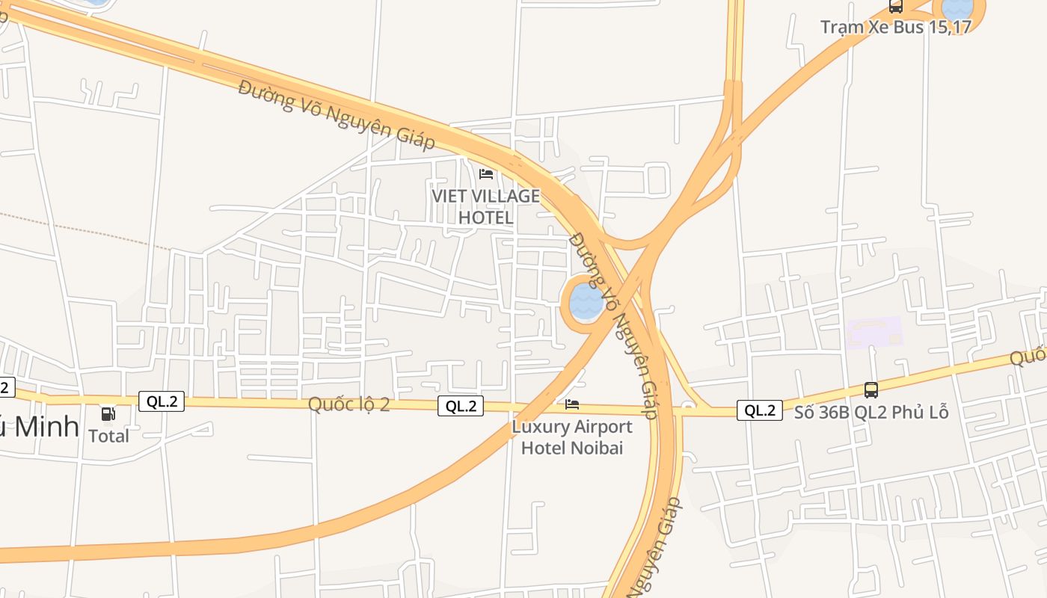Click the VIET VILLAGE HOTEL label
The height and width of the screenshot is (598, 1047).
[485, 206]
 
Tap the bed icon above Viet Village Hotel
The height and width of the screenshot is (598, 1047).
[486, 174]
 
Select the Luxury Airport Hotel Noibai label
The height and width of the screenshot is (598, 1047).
[572, 437]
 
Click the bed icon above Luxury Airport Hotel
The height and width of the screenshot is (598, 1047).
[572, 404]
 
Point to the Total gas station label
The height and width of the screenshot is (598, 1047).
[109, 436]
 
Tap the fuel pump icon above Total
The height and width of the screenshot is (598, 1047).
[108, 413]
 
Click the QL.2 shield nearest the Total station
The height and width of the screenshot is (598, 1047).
[162, 401]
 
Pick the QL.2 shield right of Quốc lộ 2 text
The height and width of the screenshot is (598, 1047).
[461, 406]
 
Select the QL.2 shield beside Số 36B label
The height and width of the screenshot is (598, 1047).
[760, 410]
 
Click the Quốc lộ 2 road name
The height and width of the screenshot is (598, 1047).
[349, 404]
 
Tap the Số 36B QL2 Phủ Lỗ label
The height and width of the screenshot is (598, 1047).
[871, 412]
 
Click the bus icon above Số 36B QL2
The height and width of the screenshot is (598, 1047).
[871, 389]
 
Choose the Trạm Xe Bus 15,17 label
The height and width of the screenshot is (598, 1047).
[896, 27]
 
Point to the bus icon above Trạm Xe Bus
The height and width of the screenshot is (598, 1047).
[896, 7]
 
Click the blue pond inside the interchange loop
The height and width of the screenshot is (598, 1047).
[586, 301]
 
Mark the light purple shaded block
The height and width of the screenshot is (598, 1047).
[875, 332]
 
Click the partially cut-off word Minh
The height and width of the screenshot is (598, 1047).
[45, 427]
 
